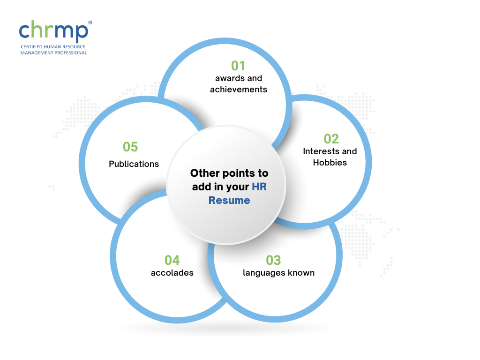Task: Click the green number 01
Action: click(x=238, y=66)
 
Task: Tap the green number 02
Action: click(x=331, y=139)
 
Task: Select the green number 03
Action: click(x=273, y=261)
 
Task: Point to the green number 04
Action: click(x=172, y=261)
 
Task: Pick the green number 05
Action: click(x=130, y=147)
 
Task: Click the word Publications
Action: click(x=134, y=164)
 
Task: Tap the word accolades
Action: click(x=172, y=273)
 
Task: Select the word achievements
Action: click(x=239, y=90)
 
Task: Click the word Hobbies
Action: click(x=330, y=163)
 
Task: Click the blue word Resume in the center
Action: click(x=229, y=200)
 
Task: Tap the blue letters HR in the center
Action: click(x=259, y=187)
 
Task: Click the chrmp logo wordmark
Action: click(x=53, y=31)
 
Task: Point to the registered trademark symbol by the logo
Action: click(x=90, y=22)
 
